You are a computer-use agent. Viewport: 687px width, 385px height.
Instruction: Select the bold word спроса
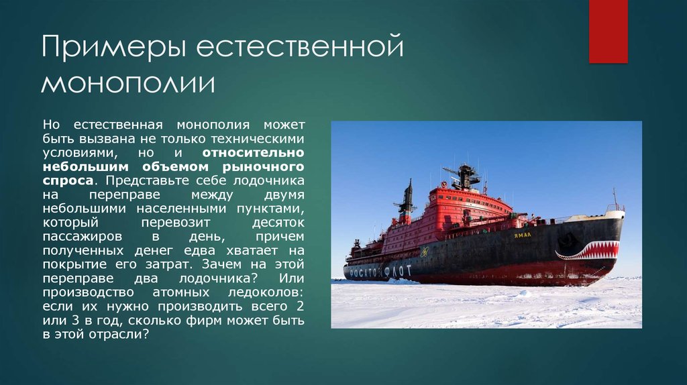tap(66, 181)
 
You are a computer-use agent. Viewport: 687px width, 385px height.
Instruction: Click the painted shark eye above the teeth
tap(571, 238)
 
